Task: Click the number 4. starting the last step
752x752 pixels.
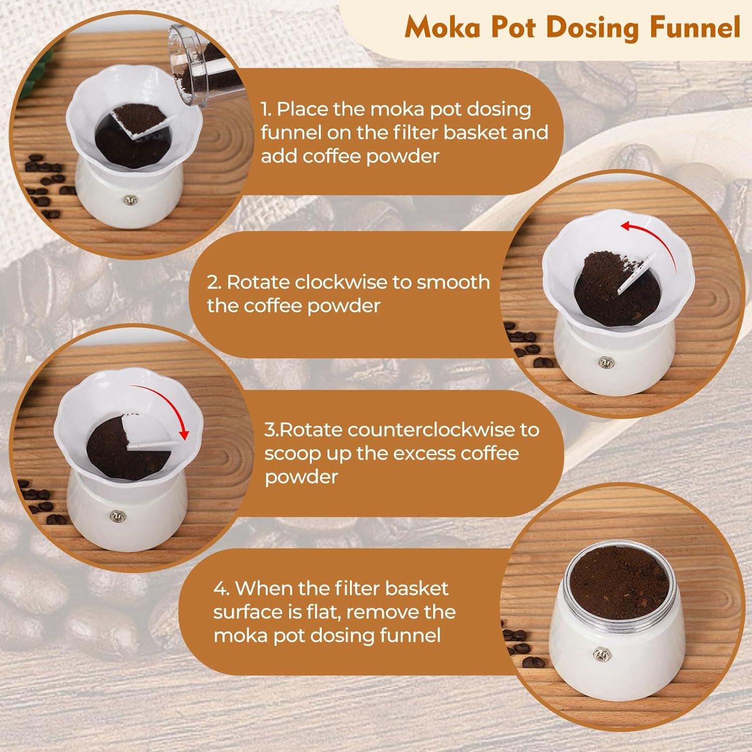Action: click(x=222, y=588)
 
